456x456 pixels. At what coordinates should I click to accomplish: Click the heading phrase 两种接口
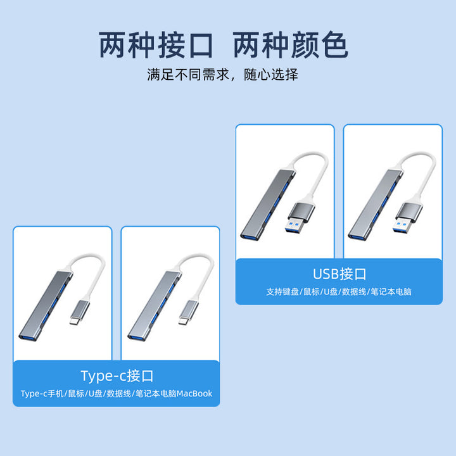click(156, 45)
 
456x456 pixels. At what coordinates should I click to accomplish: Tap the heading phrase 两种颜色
click(291, 45)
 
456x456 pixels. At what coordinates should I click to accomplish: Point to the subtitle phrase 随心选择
click(271, 75)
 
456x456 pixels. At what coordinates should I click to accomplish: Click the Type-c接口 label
click(117, 376)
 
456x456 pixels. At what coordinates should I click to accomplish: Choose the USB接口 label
click(339, 274)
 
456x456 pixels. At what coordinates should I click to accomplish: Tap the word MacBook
click(194, 393)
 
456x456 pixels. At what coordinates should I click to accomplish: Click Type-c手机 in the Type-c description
click(42, 394)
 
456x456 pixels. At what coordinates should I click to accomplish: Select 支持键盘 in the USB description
click(282, 292)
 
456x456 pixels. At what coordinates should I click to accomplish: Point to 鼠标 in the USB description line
click(312, 292)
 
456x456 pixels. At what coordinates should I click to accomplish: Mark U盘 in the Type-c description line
click(96, 394)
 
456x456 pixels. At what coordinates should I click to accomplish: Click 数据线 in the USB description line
click(354, 292)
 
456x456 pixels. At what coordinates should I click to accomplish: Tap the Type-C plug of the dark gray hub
click(79, 313)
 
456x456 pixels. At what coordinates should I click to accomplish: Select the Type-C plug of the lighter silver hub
click(188, 313)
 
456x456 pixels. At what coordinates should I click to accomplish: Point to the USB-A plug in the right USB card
click(408, 218)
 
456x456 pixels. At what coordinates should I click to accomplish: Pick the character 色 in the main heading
click(335, 45)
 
